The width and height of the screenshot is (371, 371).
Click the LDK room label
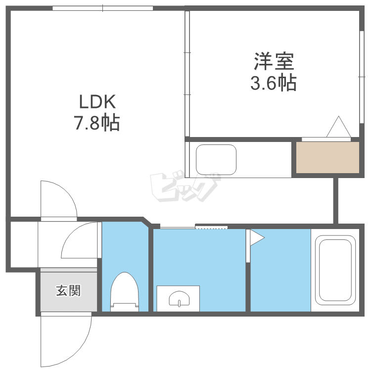[97, 102]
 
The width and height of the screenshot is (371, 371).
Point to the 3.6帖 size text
[274, 83]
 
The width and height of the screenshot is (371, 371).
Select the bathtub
[336, 269]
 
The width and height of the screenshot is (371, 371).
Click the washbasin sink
[179, 299]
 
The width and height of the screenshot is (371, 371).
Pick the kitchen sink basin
[216, 159]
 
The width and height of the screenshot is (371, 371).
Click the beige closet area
[327, 157]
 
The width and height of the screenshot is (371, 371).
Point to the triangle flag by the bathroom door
[257, 238]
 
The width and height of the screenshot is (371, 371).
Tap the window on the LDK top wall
[103, 8]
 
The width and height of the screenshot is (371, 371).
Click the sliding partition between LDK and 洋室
[187, 74]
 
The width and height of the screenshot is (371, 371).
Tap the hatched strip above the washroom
[211, 227]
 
